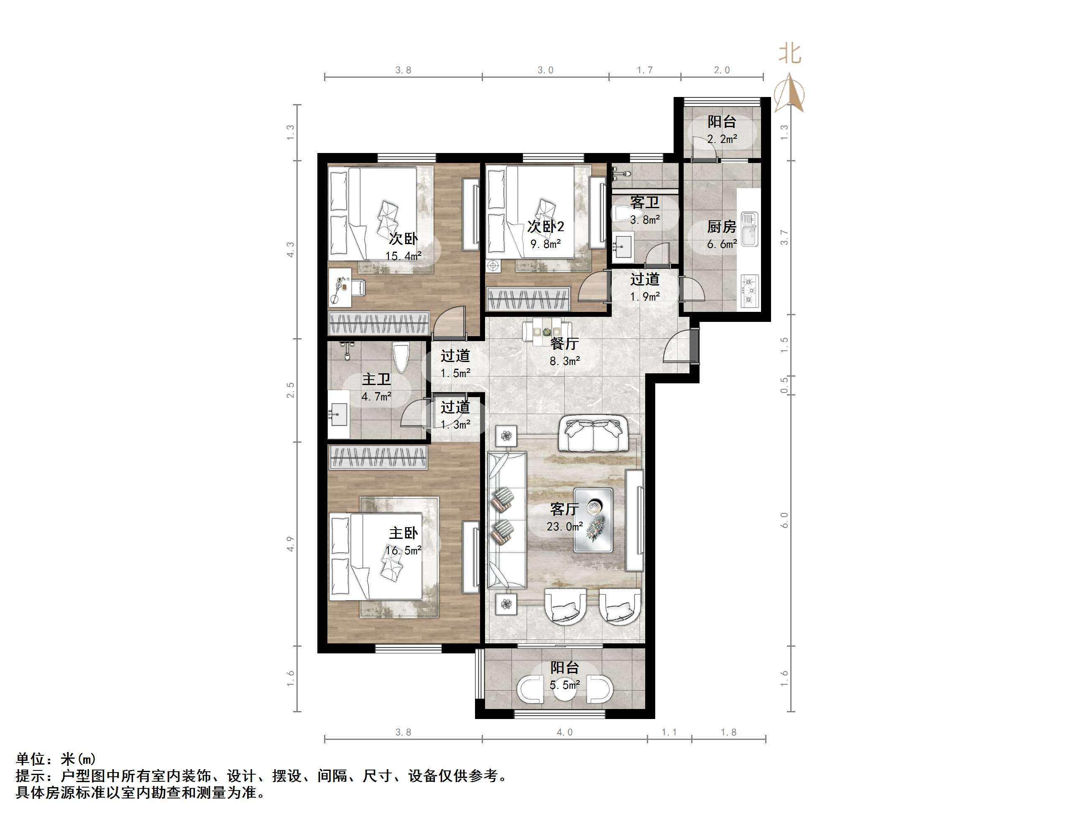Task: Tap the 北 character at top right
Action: (790, 54)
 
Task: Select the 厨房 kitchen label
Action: (722, 227)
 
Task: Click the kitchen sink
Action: (750, 229)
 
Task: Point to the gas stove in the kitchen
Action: (749, 291)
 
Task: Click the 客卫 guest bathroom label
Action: (644, 202)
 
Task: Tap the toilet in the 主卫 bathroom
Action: (401, 359)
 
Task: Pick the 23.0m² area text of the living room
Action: (564, 526)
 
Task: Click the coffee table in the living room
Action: (594, 520)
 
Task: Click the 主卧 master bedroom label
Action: (404, 533)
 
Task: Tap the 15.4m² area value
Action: (404, 256)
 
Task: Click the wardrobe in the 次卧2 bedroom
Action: (528, 299)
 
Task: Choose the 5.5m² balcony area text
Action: (564, 685)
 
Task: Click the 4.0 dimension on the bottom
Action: (564, 732)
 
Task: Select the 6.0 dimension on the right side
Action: (784, 520)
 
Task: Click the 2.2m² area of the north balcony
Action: (722, 139)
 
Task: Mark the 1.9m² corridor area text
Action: (645, 296)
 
